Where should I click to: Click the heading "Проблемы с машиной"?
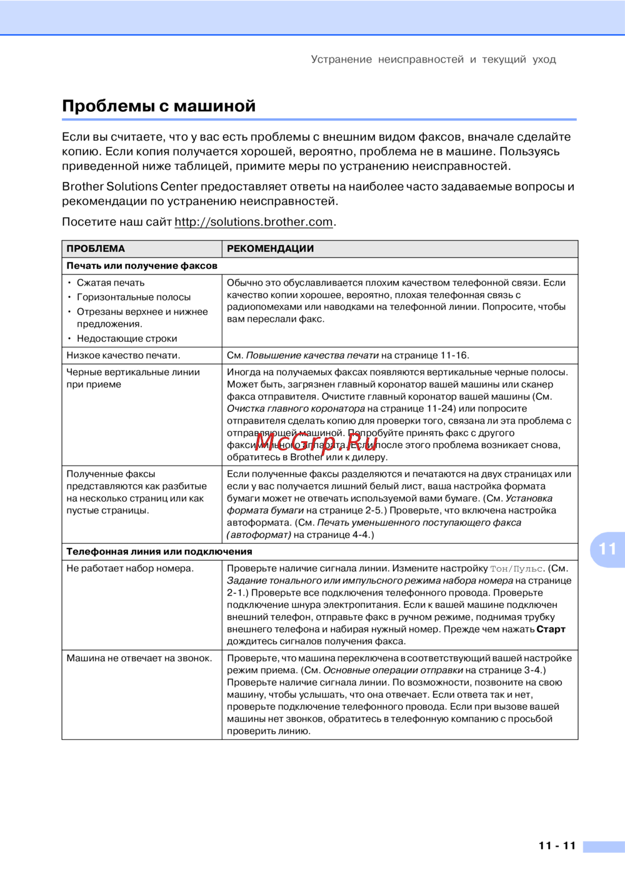tap(159, 106)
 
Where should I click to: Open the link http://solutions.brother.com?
tap(253, 222)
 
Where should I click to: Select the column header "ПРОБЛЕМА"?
tap(96, 249)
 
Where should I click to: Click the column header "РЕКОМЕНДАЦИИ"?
tap(270, 249)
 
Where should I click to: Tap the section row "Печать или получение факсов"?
tap(142, 266)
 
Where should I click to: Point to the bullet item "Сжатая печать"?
tap(111, 283)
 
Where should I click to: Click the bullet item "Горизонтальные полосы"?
tap(134, 297)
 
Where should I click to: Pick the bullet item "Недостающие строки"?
tap(127, 339)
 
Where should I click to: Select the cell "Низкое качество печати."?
tap(123, 356)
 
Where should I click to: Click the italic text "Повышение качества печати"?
tap(312, 356)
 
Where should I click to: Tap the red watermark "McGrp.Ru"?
tap(316, 442)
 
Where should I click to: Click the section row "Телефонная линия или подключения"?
tap(159, 552)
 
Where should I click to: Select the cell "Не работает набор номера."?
tap(130, 569)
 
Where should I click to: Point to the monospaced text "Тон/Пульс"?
tap(516, 569)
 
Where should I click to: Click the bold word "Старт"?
tap(551, 629)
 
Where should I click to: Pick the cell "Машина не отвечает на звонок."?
tap(139, 659)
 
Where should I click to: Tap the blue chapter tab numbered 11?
tap(607, 549)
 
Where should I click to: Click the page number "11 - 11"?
tap(557, 846)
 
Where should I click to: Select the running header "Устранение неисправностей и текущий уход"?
tap(433, 59)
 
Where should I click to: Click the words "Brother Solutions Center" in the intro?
tap(129, 187)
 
